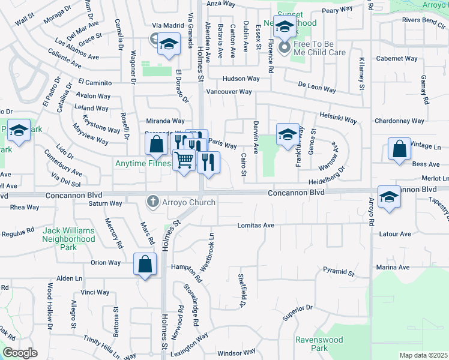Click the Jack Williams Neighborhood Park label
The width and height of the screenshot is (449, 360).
68,238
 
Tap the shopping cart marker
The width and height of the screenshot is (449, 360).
185,160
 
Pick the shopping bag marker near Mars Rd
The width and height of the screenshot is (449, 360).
145,264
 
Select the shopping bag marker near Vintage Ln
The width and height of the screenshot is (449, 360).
399,149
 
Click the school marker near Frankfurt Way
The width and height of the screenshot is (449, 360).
288,134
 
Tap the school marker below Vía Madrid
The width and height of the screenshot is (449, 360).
169,44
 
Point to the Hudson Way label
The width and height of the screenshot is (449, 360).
241,79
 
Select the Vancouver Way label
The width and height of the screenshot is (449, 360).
229,92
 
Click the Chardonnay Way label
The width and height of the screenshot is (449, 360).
399,121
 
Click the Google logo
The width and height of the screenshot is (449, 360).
20,353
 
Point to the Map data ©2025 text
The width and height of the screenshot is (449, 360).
423,355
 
